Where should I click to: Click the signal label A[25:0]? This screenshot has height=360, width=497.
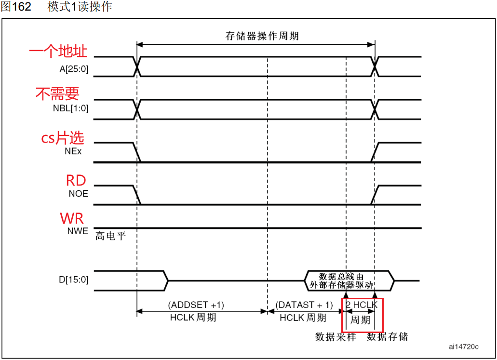pos(74,69)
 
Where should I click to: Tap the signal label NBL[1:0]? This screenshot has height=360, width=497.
pos(70,108)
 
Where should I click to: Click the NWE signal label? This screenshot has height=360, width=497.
pos(77,231)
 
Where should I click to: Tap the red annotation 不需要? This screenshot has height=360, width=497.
pos(57,93)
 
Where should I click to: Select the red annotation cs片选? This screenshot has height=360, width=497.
pos(62,138)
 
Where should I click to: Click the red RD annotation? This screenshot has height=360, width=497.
pos(76,180)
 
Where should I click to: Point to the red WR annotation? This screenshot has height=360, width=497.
pos(72,218)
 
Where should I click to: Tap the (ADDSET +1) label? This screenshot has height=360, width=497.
pos(196,305)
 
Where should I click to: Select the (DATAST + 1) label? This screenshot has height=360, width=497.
pos(304,305)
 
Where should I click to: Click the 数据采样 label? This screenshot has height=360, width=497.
pos(336,336)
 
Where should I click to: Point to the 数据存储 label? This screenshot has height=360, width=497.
pos(387,336)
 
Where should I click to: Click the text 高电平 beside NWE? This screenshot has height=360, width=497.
pos(110,236)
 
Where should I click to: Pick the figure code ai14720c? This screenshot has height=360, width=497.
pos(463,347)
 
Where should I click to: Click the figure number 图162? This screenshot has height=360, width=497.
pos(16,7)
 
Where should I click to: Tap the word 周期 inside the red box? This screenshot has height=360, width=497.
pos(361,320)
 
